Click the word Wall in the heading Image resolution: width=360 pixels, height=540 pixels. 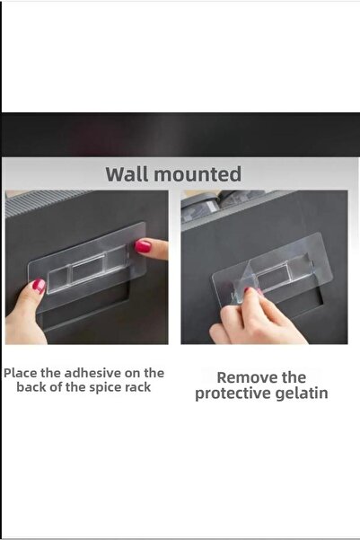[x=127, y=174]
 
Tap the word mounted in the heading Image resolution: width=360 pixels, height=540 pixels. [x=198, y=174]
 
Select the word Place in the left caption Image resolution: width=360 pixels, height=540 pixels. [x=21, y=373]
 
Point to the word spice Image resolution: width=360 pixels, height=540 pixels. [x=105, y=388]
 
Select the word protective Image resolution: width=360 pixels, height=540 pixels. [x=233, y=394]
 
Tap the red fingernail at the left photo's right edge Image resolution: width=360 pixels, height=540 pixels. [x=143, y=246]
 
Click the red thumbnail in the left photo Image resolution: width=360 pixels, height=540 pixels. [x=39, y=286]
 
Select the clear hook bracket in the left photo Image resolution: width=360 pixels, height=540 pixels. [x=89, y=270]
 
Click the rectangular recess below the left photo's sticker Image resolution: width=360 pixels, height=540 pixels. [x=86, y=312]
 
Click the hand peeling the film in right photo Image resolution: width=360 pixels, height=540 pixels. [x=257, y=317]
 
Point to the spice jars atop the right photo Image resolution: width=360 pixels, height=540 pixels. [x=224, y=204]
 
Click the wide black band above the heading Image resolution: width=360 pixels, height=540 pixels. [x=180, y=135]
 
